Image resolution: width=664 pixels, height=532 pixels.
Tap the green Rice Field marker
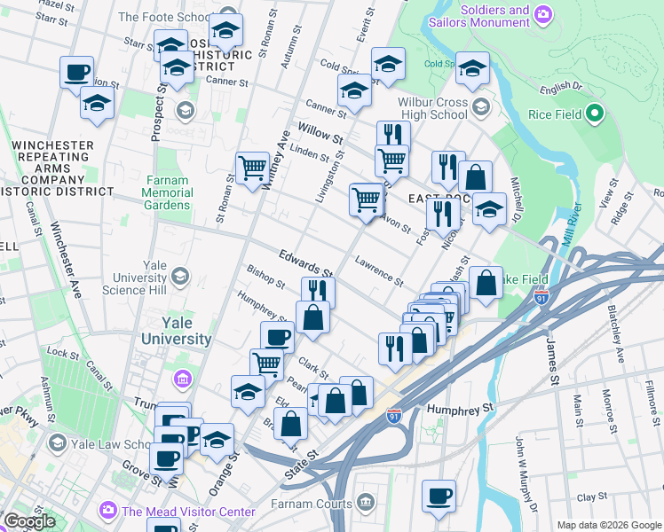596,114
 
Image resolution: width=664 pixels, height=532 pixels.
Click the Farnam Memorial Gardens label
168,192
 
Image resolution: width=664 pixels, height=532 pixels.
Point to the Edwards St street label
304,261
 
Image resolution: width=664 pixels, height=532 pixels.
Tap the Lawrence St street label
379,270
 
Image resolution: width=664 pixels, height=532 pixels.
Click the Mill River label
569,224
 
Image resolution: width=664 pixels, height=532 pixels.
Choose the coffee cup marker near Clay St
438,497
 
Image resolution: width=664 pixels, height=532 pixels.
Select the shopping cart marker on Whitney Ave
252,167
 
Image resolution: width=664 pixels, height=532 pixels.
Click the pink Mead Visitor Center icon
108,511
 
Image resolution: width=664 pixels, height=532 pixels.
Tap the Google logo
29,521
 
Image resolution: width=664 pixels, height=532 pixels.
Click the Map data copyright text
608,525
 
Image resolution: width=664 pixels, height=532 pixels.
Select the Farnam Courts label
314,504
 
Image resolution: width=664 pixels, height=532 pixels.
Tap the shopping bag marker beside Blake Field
486,284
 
